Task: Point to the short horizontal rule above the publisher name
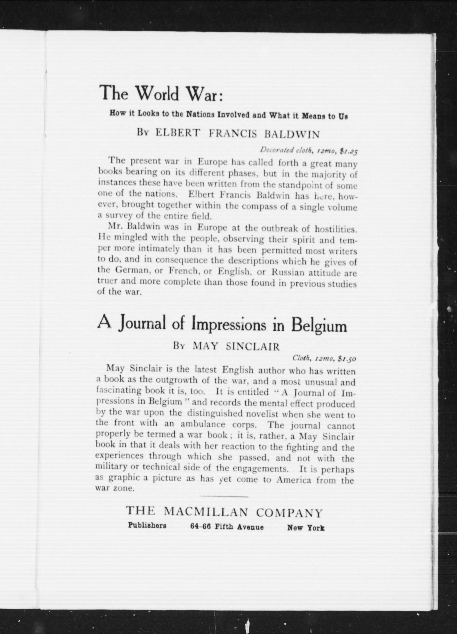click(x=223, y=497)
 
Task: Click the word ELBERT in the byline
click(x=178, y=132)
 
